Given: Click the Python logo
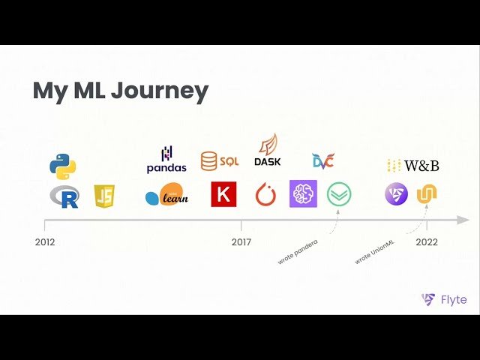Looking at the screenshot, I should [64, 165].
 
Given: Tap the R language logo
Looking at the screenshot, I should [64, 196].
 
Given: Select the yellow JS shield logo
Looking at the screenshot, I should [104, 196].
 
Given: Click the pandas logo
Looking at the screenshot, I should [166, 160].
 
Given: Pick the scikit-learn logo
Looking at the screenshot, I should [166, 195].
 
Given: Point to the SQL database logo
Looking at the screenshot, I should [219, 160].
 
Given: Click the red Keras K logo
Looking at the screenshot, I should [223, 194].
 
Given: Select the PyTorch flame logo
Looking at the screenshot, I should [266, 195].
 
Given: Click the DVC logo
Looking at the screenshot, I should [323, 160].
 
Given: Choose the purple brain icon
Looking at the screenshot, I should [304, 193].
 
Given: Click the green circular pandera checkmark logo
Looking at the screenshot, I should [339, 194].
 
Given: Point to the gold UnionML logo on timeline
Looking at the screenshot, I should [427, 194].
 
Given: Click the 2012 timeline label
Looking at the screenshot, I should [45, 242].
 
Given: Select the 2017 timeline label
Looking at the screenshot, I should [241, 242].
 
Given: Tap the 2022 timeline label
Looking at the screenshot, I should [427, 242].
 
